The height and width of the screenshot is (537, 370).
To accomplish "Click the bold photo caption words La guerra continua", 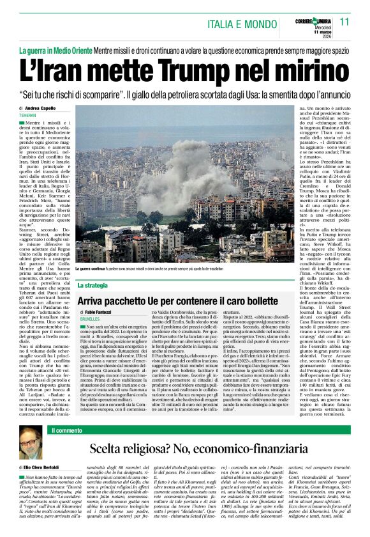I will tap(94, 270).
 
